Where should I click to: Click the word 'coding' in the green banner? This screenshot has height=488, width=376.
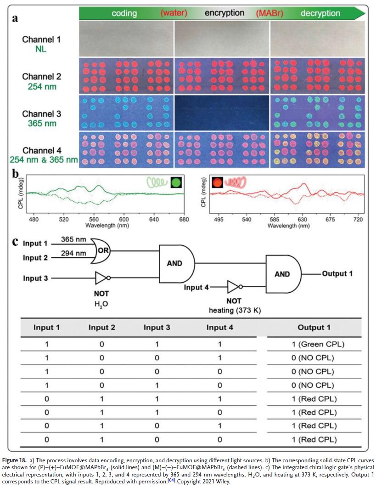click(x=124, y=13)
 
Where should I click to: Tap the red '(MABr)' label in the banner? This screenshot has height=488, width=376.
click(x=269, y=13)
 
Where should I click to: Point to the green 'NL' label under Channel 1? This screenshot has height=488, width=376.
click(x=41, y=48)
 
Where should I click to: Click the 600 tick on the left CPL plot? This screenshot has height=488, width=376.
click(x=123, y=220)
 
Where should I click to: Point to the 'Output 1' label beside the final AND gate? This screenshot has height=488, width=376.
click(x=337, y=274)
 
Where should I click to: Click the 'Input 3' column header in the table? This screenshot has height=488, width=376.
click(x=157, y=328)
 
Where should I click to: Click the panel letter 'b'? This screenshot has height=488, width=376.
click(x=16, y=175)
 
